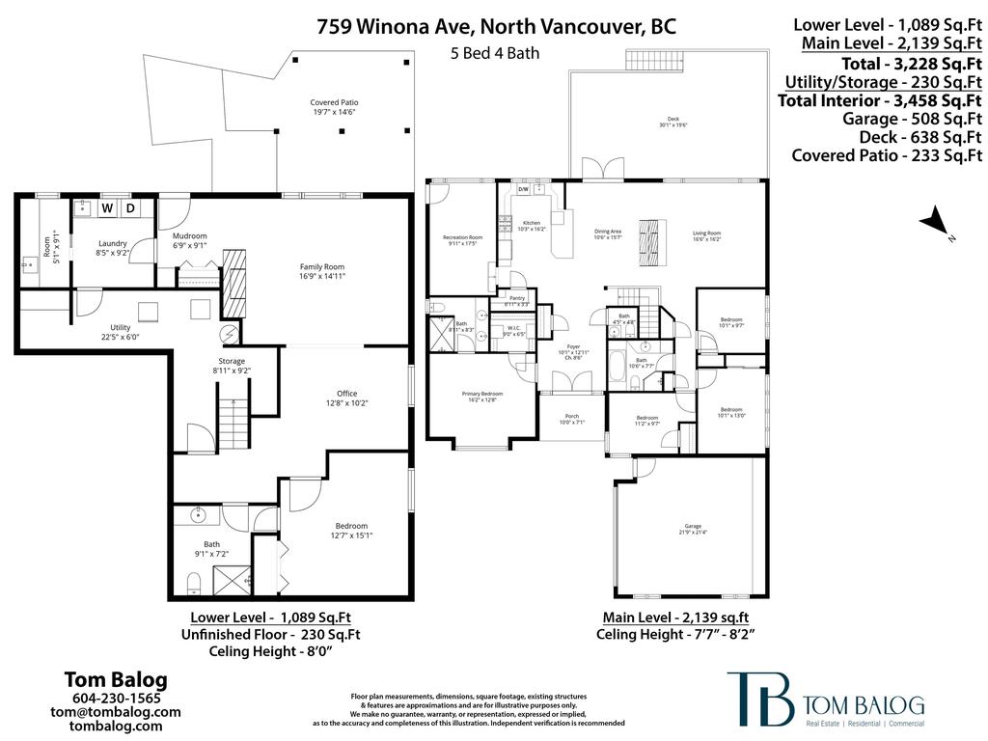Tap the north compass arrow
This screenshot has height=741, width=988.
(x=934, y=223)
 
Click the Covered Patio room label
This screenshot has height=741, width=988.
(x=335, y=106)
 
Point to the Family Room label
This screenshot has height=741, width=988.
(x=320, y=271)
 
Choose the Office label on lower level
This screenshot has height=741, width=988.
(x=346, y=398)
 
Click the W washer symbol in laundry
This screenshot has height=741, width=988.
(x=108, y=208)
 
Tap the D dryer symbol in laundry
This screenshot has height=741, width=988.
(x=130, y=208)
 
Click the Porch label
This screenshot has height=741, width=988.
(x=572, y=420)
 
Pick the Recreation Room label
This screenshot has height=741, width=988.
(x=462, y=239)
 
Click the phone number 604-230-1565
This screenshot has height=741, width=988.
(x=116, y=699)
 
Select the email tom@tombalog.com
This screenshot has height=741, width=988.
(x=116, y=712)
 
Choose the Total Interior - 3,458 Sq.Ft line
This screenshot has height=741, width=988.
(x=880, y=100)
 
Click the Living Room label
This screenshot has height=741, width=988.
(x=706, y=235)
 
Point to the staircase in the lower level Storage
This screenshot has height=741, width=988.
(x=233, y=424)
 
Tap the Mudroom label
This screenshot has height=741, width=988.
(x=189, y=240)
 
